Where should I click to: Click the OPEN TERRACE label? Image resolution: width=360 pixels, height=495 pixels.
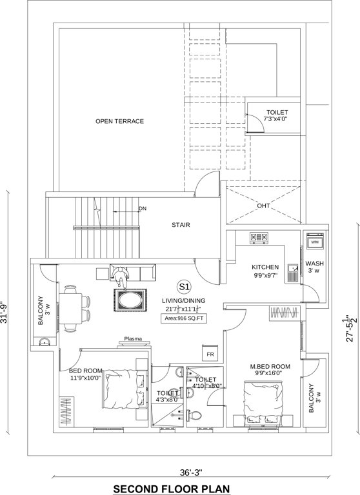pyautogui.click(x=119, y=121)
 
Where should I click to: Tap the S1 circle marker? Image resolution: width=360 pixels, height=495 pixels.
pyautogui.click(x=184, y=286)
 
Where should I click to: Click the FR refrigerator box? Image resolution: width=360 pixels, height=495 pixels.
pyautogui.click(x=210, y=355)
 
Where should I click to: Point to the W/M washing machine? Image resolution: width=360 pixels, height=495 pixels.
pyautogui.click(x=315, y=243)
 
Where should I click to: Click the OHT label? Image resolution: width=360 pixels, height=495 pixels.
pyautogui.click(x=263, y=206)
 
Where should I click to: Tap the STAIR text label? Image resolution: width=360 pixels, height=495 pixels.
pyautogui.click(x=180, y=226)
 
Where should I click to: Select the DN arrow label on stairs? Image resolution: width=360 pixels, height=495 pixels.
pyautogui.click(x=143, y=209)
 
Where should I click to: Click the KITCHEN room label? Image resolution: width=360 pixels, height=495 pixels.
pyautogui.click(x=265, y=267)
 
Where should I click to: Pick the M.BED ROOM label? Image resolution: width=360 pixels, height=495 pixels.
pyautogui.click(x=270, y=367)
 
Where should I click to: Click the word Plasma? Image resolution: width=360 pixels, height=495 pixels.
pyautogui.click(x=133, y=338)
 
